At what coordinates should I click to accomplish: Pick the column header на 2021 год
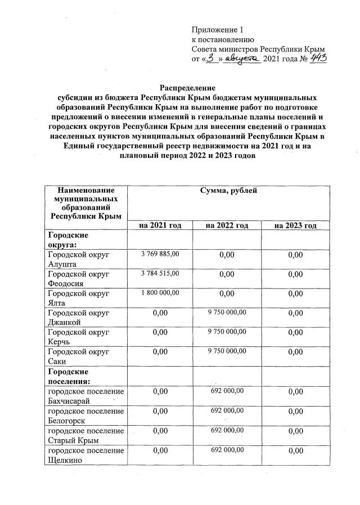(160, 225)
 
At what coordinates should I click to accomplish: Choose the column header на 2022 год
(227, 225)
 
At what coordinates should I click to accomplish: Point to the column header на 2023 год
(295, 225)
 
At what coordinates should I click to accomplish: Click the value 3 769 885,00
(160, 254)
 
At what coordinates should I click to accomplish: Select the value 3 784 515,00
(160, 273)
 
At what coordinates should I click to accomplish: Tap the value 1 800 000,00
(160, 292)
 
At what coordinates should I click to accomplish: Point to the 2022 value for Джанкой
(227, 312)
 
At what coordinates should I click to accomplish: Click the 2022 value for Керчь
(227, 331)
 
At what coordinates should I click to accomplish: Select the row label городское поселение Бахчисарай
(85, 395)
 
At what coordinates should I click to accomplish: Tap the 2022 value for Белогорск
(227, 411)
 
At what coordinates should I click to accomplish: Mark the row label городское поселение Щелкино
(85, 455)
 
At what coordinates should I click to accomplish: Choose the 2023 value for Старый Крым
(295, 431)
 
